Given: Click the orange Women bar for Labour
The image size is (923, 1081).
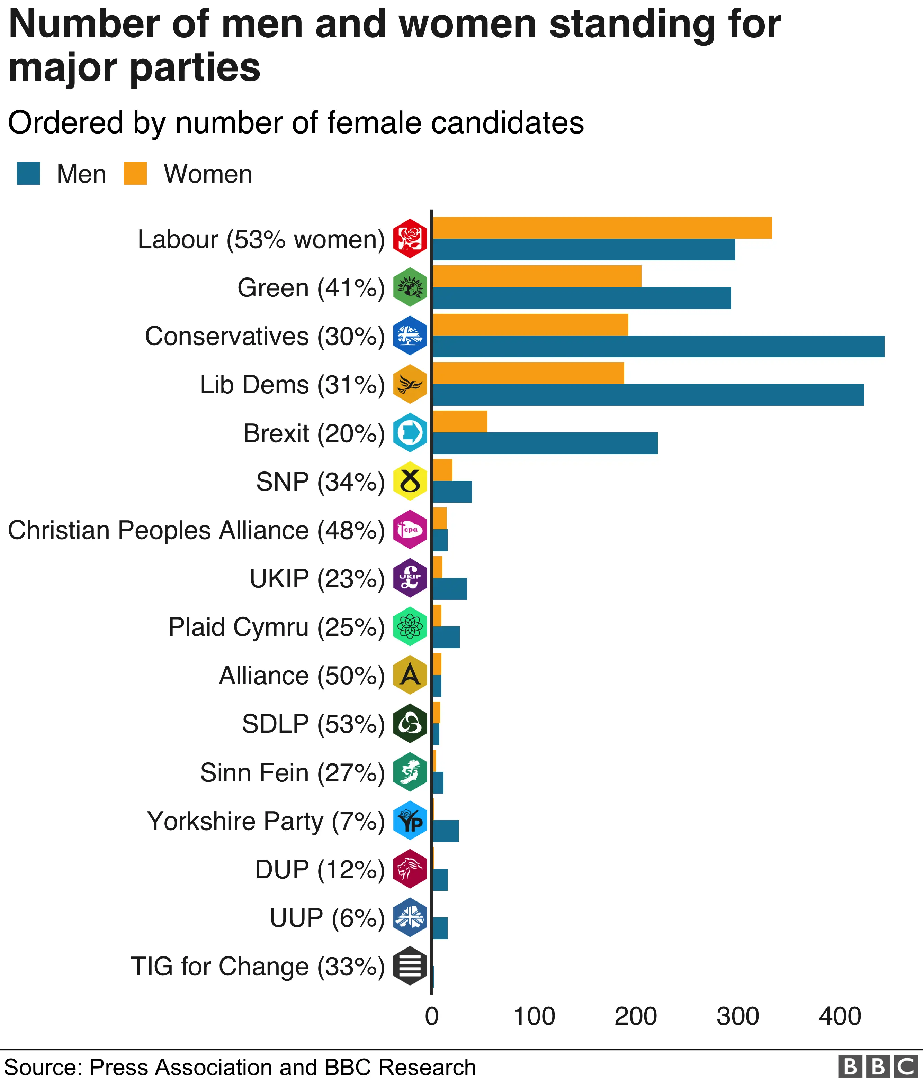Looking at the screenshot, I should (x=602, y=228).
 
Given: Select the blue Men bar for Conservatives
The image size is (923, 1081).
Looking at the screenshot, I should (x=658, y=346).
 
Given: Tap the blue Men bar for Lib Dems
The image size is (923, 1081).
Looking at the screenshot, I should (x=647, y=395).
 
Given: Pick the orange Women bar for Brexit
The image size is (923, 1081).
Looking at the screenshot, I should (x=460, y=422).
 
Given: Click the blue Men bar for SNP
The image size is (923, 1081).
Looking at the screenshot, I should (x=452, y=492).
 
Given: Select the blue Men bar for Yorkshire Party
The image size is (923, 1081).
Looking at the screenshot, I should (x=445, y=831).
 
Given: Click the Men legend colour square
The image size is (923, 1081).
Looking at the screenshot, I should (x=28, y=174).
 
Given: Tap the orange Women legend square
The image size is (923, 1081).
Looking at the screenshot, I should (x=135, y=174).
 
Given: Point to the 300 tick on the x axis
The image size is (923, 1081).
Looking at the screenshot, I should (x=737, y=1016).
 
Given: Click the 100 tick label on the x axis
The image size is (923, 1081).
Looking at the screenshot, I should (x=534, y=1016).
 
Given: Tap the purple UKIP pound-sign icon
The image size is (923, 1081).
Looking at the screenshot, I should (x=410, y=578).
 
